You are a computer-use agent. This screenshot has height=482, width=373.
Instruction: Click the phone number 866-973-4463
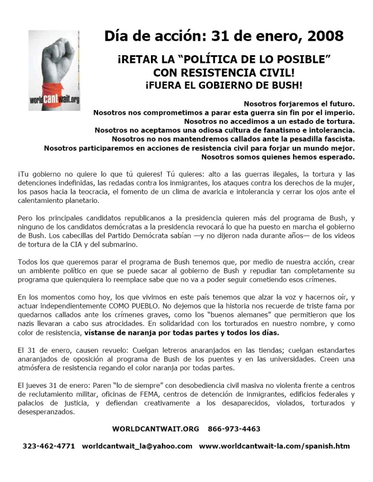pos(234,429)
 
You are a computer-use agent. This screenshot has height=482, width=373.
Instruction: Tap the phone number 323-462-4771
pos(49,446)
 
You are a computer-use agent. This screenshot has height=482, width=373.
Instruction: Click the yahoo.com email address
pos(137,446)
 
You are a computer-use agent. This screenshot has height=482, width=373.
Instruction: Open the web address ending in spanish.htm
pos(274,446)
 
